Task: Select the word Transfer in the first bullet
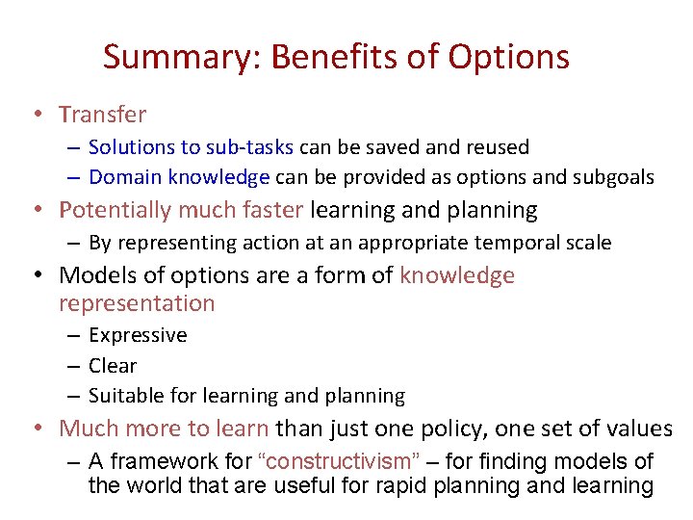pyautogui.click(x=103, y=115)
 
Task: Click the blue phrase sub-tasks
pyautogui.click(x=259, y=147)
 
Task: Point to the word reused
pyautogui.click(x=497, y=147)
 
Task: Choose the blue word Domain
pyautogui.click(x=125, y=177)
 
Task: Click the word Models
pyautogui.click(x=95, y=275)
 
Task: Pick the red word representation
pyautogui.click(x=137, y=303)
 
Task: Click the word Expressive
pyautogui.click(x=138, y=335)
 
